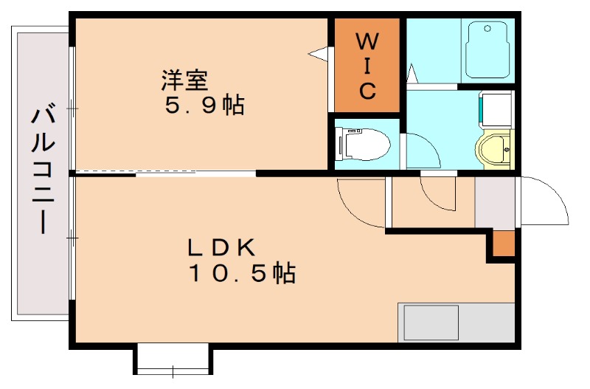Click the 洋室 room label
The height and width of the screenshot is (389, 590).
(x=184, y=78)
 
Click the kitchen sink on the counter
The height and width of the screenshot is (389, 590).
(x=428, y=323)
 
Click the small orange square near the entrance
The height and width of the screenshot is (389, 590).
(x=504, y=243)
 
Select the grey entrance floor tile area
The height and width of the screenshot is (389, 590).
(x=494, y=202)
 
